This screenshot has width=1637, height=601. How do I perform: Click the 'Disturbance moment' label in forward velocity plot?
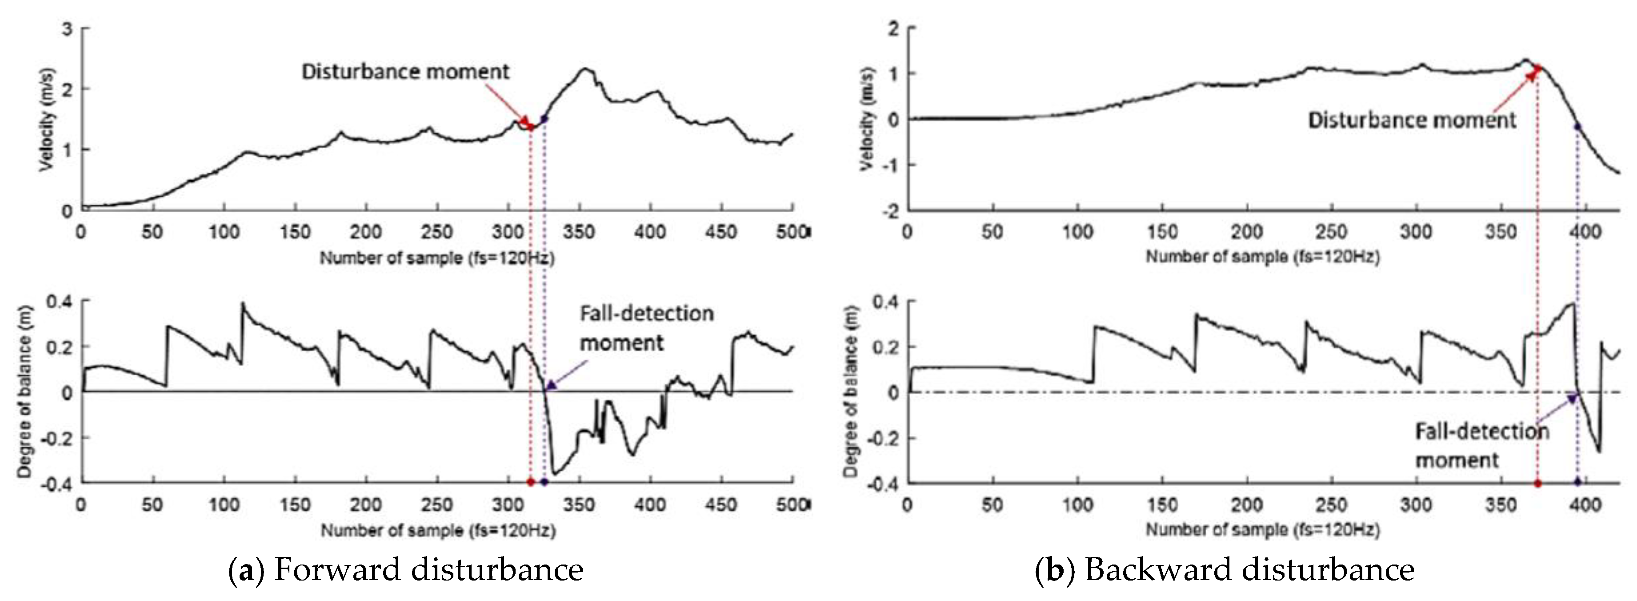405,71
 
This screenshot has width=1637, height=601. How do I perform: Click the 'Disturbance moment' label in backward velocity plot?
1411,120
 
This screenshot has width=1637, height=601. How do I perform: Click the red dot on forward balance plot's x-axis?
531,482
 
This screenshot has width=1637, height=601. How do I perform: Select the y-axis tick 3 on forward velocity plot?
67,29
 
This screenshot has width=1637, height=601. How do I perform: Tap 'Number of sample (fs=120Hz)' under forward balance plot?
437,530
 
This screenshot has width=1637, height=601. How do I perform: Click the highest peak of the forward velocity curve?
586,69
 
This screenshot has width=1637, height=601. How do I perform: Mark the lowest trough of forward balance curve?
554,473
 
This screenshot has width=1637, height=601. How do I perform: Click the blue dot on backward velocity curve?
1577,127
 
